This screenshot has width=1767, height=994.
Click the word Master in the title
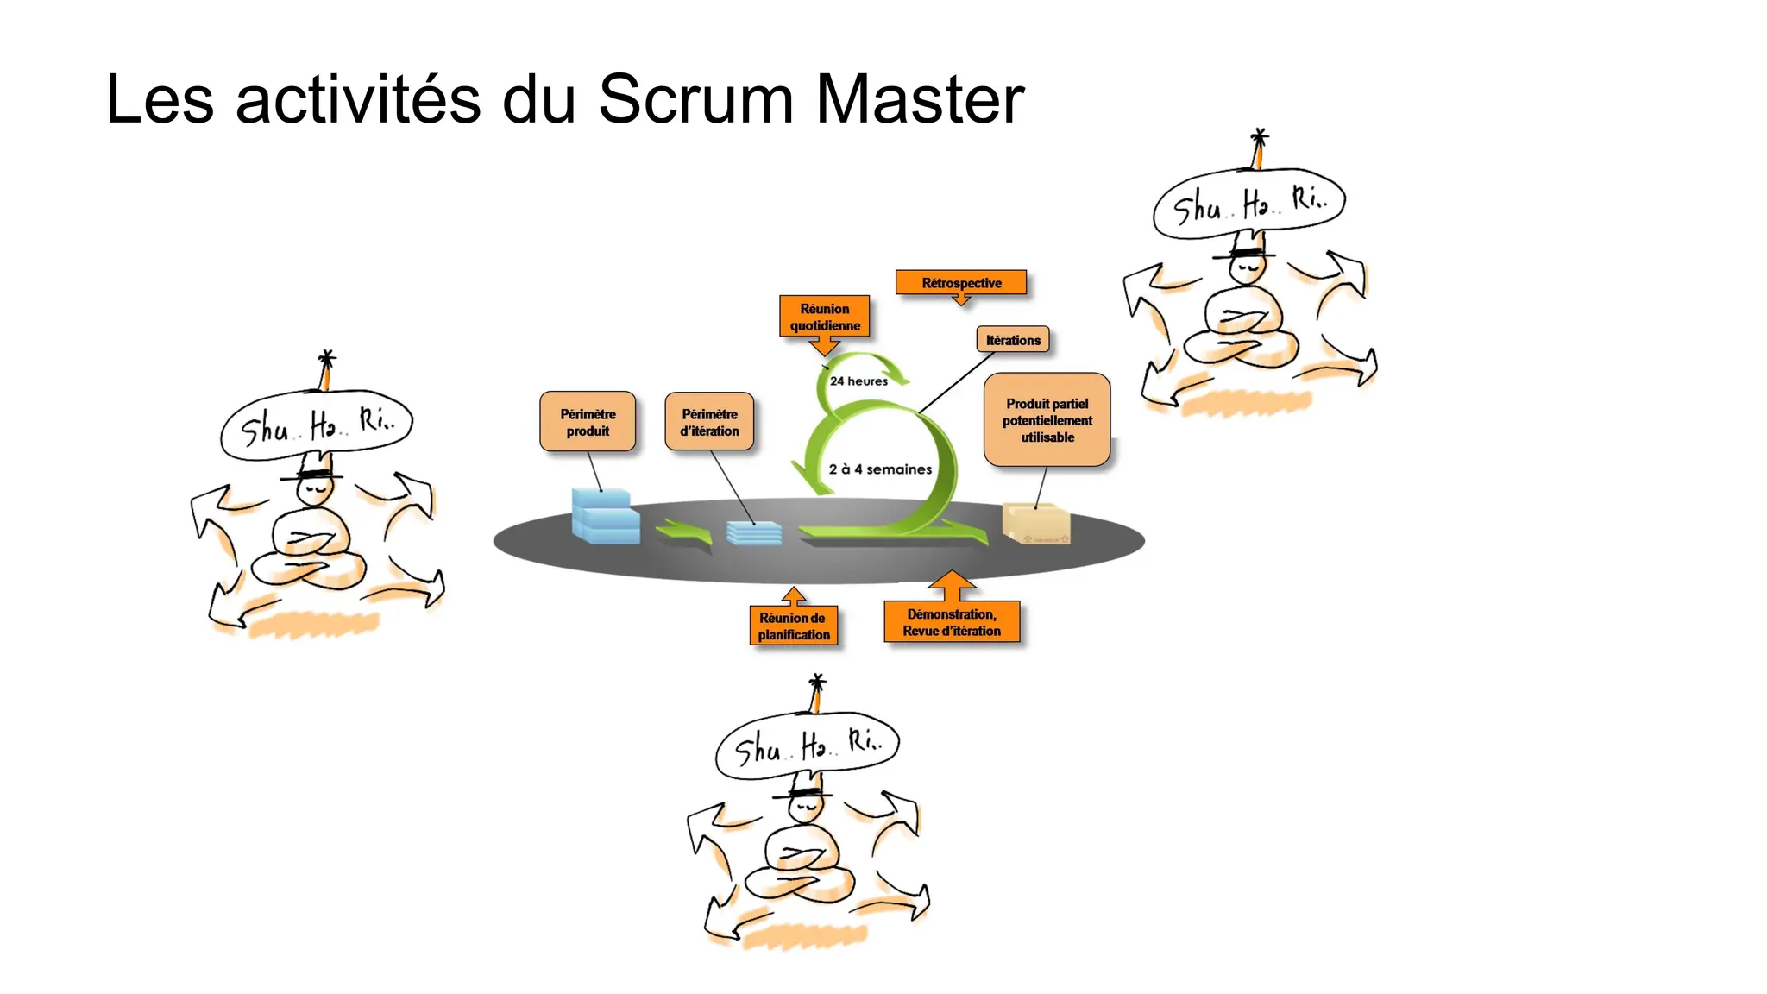click(920, 99)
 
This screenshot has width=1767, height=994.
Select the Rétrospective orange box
click(961, 283)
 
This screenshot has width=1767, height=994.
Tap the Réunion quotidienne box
click(824, 317)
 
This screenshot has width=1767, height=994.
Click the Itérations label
click(1013, 340)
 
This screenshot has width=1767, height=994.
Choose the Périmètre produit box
click(588, 422)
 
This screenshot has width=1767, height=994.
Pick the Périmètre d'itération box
click(709, 422)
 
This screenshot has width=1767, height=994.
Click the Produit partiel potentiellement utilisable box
click(1047, 420)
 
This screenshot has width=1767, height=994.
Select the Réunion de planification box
click(793, 626)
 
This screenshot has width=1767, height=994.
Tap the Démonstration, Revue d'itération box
click(952, 622)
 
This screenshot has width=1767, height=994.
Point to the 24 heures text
click(858, 381)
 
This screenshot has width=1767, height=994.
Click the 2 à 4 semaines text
click(880, 469)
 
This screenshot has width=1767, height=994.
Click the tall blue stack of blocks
click(604, 516)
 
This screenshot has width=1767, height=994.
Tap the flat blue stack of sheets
click(753, 533)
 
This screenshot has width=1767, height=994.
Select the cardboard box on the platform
click(1036, 525)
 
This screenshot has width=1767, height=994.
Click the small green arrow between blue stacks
click(685, 532)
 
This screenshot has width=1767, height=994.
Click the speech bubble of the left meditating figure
click(317, 425)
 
